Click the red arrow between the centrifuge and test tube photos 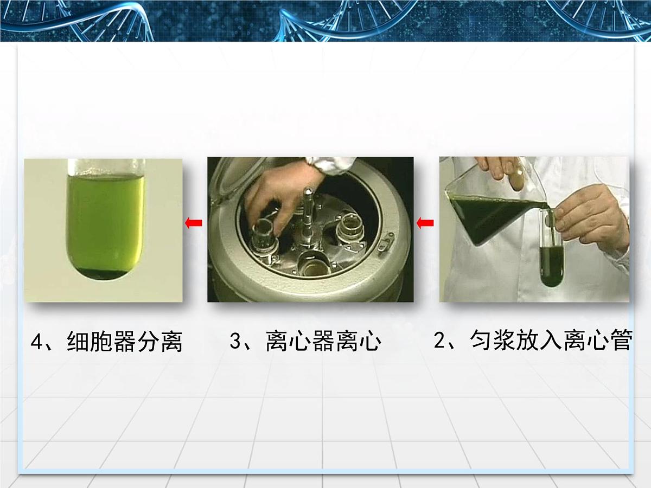pos(194,222)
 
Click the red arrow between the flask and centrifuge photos pos(425,222)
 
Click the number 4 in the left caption pos(36,343)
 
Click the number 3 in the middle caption pos(235,342)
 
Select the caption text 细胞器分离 pos(125,343)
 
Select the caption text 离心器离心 pos(324,342)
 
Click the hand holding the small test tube pos(589,217)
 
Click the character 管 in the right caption pos(621,342)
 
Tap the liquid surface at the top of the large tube pos(106,177)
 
